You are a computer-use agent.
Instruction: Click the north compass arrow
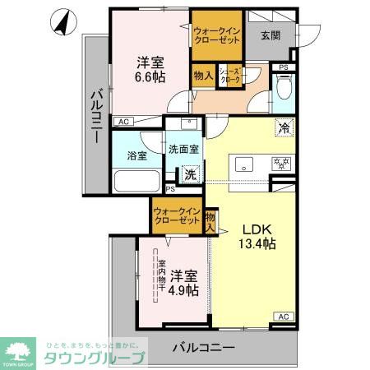[62, 23]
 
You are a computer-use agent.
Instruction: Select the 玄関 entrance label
[271, 35]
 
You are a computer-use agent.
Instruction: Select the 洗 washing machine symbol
[190, 174]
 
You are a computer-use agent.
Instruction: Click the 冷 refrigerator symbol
[283, 128]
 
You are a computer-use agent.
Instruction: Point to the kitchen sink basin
[246, 164]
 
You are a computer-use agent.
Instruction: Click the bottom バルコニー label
[204, 346]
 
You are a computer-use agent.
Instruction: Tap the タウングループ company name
[91, 357]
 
